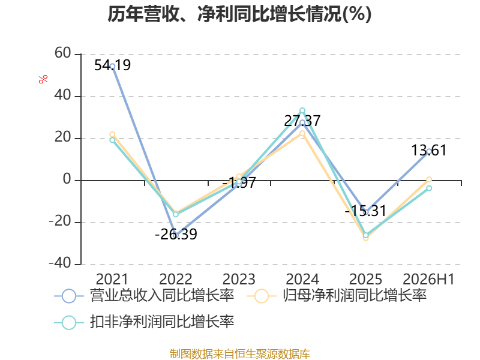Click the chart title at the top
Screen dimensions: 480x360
click(239, 14)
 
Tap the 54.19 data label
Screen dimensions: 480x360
click(112, 65)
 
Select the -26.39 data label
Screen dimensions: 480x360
click(176, 234)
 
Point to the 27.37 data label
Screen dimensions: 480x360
click(302, 121)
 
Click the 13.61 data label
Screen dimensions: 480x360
click(429, 150)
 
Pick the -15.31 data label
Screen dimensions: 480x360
click(365, 211)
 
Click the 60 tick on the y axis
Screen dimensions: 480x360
click(63, 53)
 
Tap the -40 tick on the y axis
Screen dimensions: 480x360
click(60, 263)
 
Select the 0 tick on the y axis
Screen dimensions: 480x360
click(67, 179)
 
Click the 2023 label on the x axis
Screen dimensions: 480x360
click(239, 279)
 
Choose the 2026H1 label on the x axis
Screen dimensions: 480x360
click(428, 279)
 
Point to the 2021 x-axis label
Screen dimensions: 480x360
click(112, 279)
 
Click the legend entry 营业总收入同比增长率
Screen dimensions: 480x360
click(144, 296)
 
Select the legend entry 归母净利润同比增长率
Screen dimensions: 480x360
click(337, 296)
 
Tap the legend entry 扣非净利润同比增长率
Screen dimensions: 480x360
click(144, 322)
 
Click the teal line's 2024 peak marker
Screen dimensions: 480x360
click(302, 110)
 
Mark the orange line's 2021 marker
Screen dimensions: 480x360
click(112, 134)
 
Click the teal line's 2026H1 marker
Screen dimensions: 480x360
click(429, 188)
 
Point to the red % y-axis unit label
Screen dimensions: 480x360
click(43, 79)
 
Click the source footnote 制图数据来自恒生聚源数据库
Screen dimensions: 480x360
click(240, 353)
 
